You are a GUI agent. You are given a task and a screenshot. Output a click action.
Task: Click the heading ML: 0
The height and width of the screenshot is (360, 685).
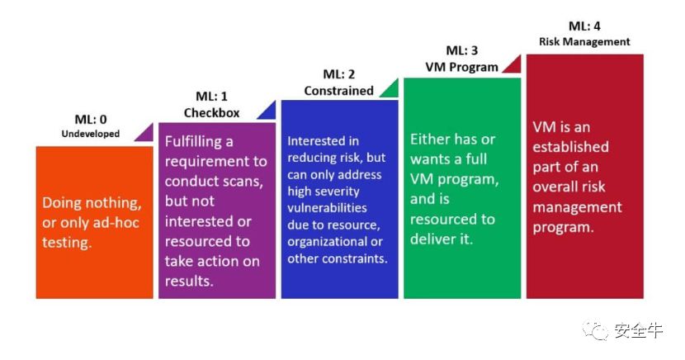91,119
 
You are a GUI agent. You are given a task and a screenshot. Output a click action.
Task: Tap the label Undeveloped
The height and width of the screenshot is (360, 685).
91,134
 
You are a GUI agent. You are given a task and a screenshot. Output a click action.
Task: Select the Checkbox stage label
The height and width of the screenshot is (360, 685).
211,113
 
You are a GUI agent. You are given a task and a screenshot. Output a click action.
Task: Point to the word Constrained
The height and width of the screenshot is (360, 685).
338,91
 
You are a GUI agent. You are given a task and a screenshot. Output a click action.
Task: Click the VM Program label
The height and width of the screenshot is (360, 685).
462,67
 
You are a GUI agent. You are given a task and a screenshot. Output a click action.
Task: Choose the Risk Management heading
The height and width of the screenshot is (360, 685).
584,42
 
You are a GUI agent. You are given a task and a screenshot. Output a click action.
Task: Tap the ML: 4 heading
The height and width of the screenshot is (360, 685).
584,26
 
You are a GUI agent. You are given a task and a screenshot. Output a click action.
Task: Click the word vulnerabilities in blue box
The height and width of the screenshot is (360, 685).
327,208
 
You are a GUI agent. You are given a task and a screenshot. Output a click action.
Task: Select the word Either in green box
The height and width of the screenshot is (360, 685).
430,140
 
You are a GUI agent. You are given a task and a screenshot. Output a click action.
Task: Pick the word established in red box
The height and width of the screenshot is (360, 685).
570,147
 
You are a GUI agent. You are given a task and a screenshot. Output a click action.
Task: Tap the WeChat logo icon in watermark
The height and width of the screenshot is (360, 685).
595,330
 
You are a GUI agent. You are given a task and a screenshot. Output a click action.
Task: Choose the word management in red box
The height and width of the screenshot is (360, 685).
577,207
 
